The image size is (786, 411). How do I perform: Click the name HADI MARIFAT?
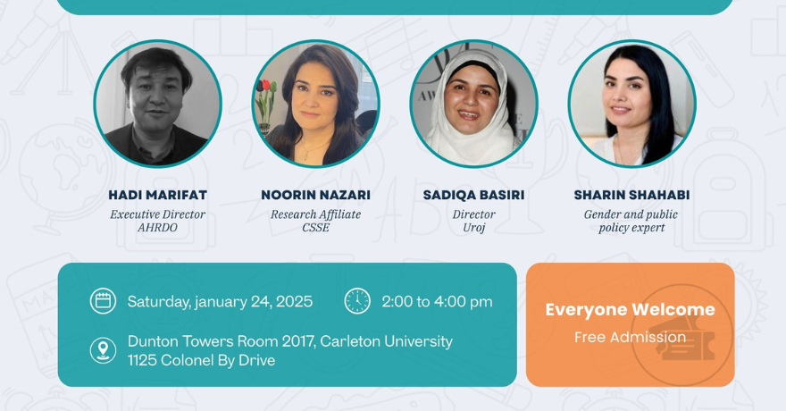click(x=157, y=195)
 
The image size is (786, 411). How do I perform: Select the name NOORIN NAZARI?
click(x=315, y=195)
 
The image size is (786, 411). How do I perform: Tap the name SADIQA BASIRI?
click(x=473, y=195)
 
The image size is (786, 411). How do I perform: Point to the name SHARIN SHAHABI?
click(x=631, y=195)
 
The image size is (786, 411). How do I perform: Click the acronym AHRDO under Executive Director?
click(x=157, y=228)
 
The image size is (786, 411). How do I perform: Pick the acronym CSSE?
click(x=315, y=228)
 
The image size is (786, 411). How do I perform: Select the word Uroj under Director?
click(x=473, y=228)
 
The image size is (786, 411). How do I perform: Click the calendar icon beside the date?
click(x=103, y=301)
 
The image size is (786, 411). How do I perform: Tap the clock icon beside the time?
click(x=357, y=301)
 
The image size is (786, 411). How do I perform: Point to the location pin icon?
click(x=103, y=350)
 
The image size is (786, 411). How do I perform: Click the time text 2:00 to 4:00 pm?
click(x=437, y=302)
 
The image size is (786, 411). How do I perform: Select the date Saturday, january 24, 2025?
click(x=220, y=302)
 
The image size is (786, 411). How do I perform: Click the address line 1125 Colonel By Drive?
click(x=201, y=361)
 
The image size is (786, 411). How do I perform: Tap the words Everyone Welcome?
click(x=630, y=310)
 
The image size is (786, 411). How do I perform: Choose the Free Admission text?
click(x=630, y=337)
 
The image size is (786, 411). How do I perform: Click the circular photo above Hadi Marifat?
click(x=157, y=104)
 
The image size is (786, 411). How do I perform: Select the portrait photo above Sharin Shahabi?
click(x=631, y=104)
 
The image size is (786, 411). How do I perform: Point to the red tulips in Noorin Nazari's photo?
click(x=265, y=89)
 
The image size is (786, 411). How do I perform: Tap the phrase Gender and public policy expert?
click(x=631, y=221)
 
